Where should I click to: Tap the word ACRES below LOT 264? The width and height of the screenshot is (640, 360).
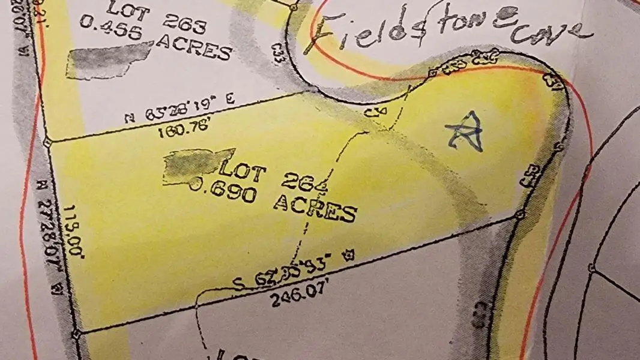315,209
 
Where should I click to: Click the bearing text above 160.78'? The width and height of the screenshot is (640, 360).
180,113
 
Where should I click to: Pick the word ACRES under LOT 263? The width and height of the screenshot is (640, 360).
194,48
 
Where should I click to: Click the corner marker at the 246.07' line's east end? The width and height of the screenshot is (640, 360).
521,214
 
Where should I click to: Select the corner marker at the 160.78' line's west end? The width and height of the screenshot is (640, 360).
47,142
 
